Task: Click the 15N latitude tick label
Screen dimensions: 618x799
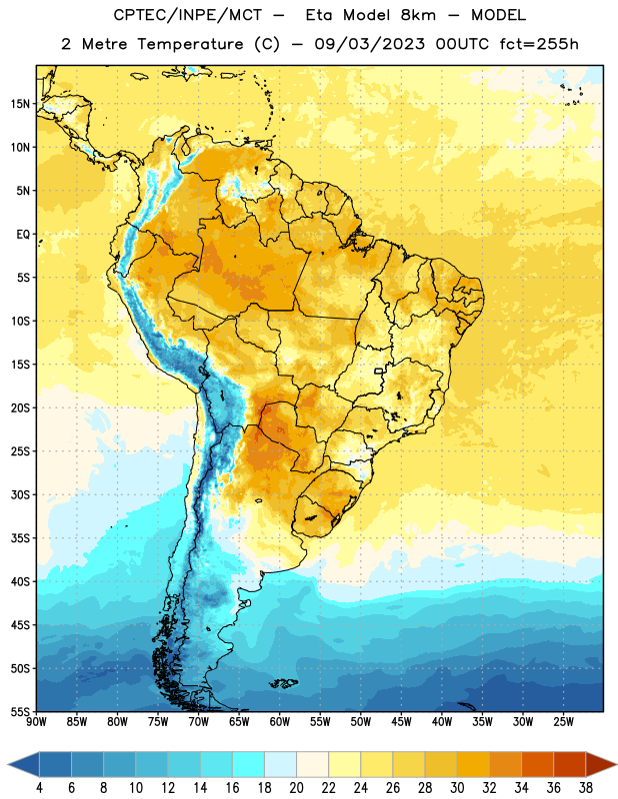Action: click(20, 104)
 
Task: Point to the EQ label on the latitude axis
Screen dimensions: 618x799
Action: click(23, 235)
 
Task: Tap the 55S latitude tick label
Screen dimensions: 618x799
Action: click(20, 711)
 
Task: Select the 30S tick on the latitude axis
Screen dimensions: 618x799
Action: click(20, 494)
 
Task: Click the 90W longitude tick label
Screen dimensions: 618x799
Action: click(36, 722)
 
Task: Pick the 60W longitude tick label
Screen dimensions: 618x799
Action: click(280, 722)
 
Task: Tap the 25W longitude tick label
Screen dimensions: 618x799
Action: click(563, 722)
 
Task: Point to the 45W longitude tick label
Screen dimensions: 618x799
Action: click(401, 722)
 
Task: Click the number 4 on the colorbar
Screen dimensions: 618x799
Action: click(39, 788)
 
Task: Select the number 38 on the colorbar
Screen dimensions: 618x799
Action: click(586, 788)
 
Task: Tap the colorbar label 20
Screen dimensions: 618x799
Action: click(296, 788)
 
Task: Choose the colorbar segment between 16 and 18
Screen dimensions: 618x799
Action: click(248, 765)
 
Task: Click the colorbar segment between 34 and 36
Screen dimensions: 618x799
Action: click(537, 765)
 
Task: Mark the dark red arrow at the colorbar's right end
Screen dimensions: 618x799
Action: click(601, 765)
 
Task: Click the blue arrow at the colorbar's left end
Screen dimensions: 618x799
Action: click(23, 765)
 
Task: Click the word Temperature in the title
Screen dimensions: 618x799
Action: click(190, 44)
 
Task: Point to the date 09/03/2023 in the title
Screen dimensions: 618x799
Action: click(369, 44)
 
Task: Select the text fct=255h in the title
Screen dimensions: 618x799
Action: click(539, 44)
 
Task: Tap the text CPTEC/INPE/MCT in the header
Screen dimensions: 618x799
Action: click(187, 15)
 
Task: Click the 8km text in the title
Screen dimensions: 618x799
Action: click(418, 15)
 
